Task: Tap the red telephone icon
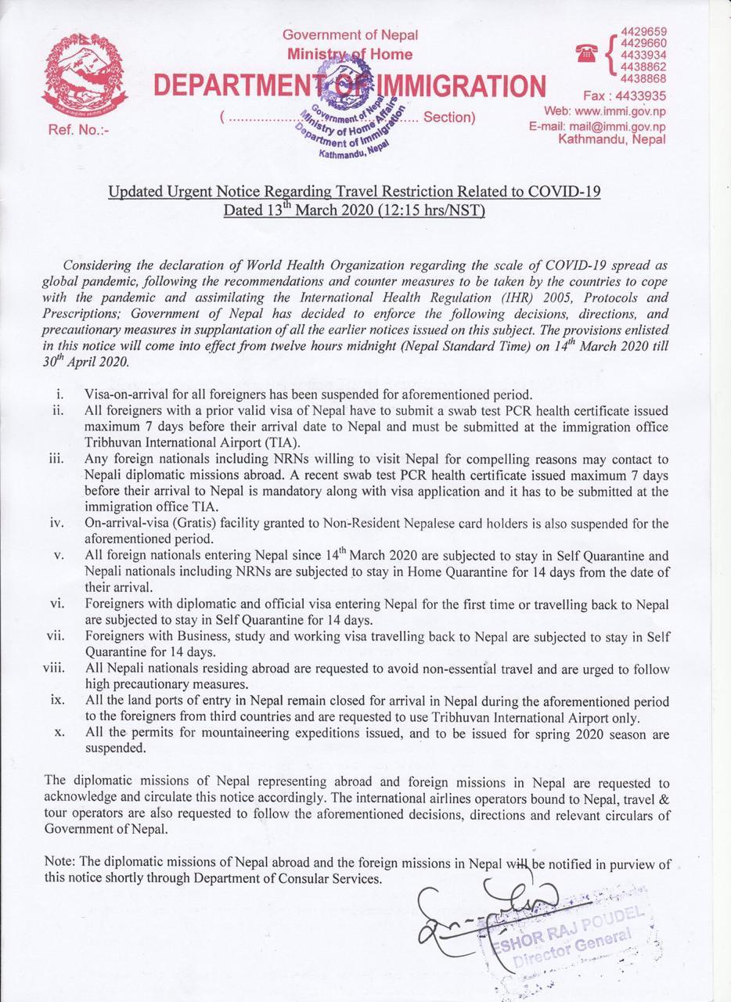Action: [585, 53]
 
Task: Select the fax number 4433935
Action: [640, 96]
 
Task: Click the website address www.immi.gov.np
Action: [621, 111]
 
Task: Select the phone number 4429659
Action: [643, 31]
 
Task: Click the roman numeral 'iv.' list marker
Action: [56, 523]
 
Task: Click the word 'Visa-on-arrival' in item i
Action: [122, 394]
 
